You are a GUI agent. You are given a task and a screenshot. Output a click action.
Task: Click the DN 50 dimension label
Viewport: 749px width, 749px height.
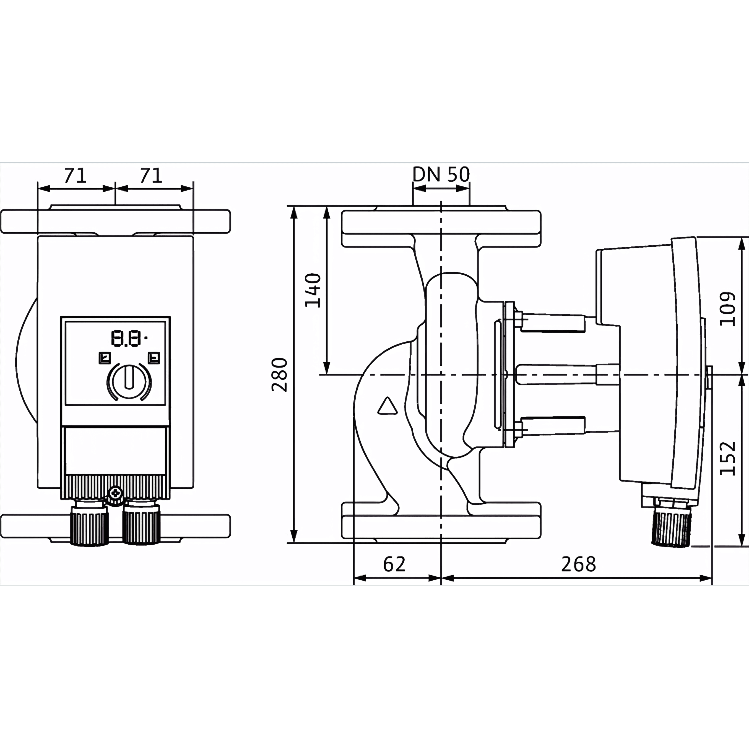[x=441, y=175]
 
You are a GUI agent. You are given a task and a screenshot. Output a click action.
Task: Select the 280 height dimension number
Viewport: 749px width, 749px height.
[x=280, y=375]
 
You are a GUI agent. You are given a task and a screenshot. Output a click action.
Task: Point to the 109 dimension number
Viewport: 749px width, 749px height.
[x=727, y=309]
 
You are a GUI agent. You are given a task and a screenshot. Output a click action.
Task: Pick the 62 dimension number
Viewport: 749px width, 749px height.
[x=394, y=565]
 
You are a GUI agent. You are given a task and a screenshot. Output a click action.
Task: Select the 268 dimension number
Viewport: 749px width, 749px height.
[x=578, y=565]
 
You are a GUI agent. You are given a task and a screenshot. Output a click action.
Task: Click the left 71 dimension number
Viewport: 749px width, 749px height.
[x=76, y=176]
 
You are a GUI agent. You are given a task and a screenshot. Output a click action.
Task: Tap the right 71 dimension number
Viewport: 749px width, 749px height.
[x=151, y=176]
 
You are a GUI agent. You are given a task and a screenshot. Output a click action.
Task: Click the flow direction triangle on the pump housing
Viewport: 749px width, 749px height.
[x=387, y=406]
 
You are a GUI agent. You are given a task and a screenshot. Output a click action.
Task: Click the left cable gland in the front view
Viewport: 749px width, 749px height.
[x=89, y=523]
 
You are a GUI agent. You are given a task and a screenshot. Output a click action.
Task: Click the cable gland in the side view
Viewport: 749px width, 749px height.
[x=672, y=523]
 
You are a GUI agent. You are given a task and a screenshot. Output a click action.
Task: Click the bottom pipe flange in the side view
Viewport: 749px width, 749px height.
[x=441, y=521]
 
